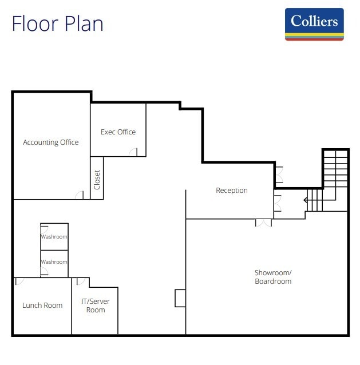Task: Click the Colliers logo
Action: pyautogui.click(x=314, y=24)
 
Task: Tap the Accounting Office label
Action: pyautogui.click(x=51, y=142)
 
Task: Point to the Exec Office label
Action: pyautogui.click(x=118, y=132)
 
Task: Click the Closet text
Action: pyautogui.click(x=97, y=180)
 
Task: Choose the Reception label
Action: pyautogui.click(x=231, y=191)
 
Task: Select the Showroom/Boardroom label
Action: pyautogui.click(x=273, y=277)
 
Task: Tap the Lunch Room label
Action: pyautogui.click(x=42, y=306)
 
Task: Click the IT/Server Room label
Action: pyautogui.click(x=96, y=306)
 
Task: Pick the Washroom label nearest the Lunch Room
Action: pyautogui.click(x=54, y=262)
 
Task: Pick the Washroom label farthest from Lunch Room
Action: pyautogui.click(x=54, y=237)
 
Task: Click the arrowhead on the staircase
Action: pyautogui.click(x=306, y=200)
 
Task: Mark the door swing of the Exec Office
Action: pyautogui.click(x=133, y=152)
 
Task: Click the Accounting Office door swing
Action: pyautogui.click(x=79, y=195)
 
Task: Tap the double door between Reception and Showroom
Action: pyautogui.click(x=263, y=223)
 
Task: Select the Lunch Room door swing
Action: pyautogui.click(x=19, y=281)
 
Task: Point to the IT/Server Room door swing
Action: pyautogui.click(x=81, y=281)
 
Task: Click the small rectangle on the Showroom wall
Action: pyautogui.click(x=180, y=298)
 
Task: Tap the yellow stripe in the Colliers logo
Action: pyautogui.click(x=314, y=35)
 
